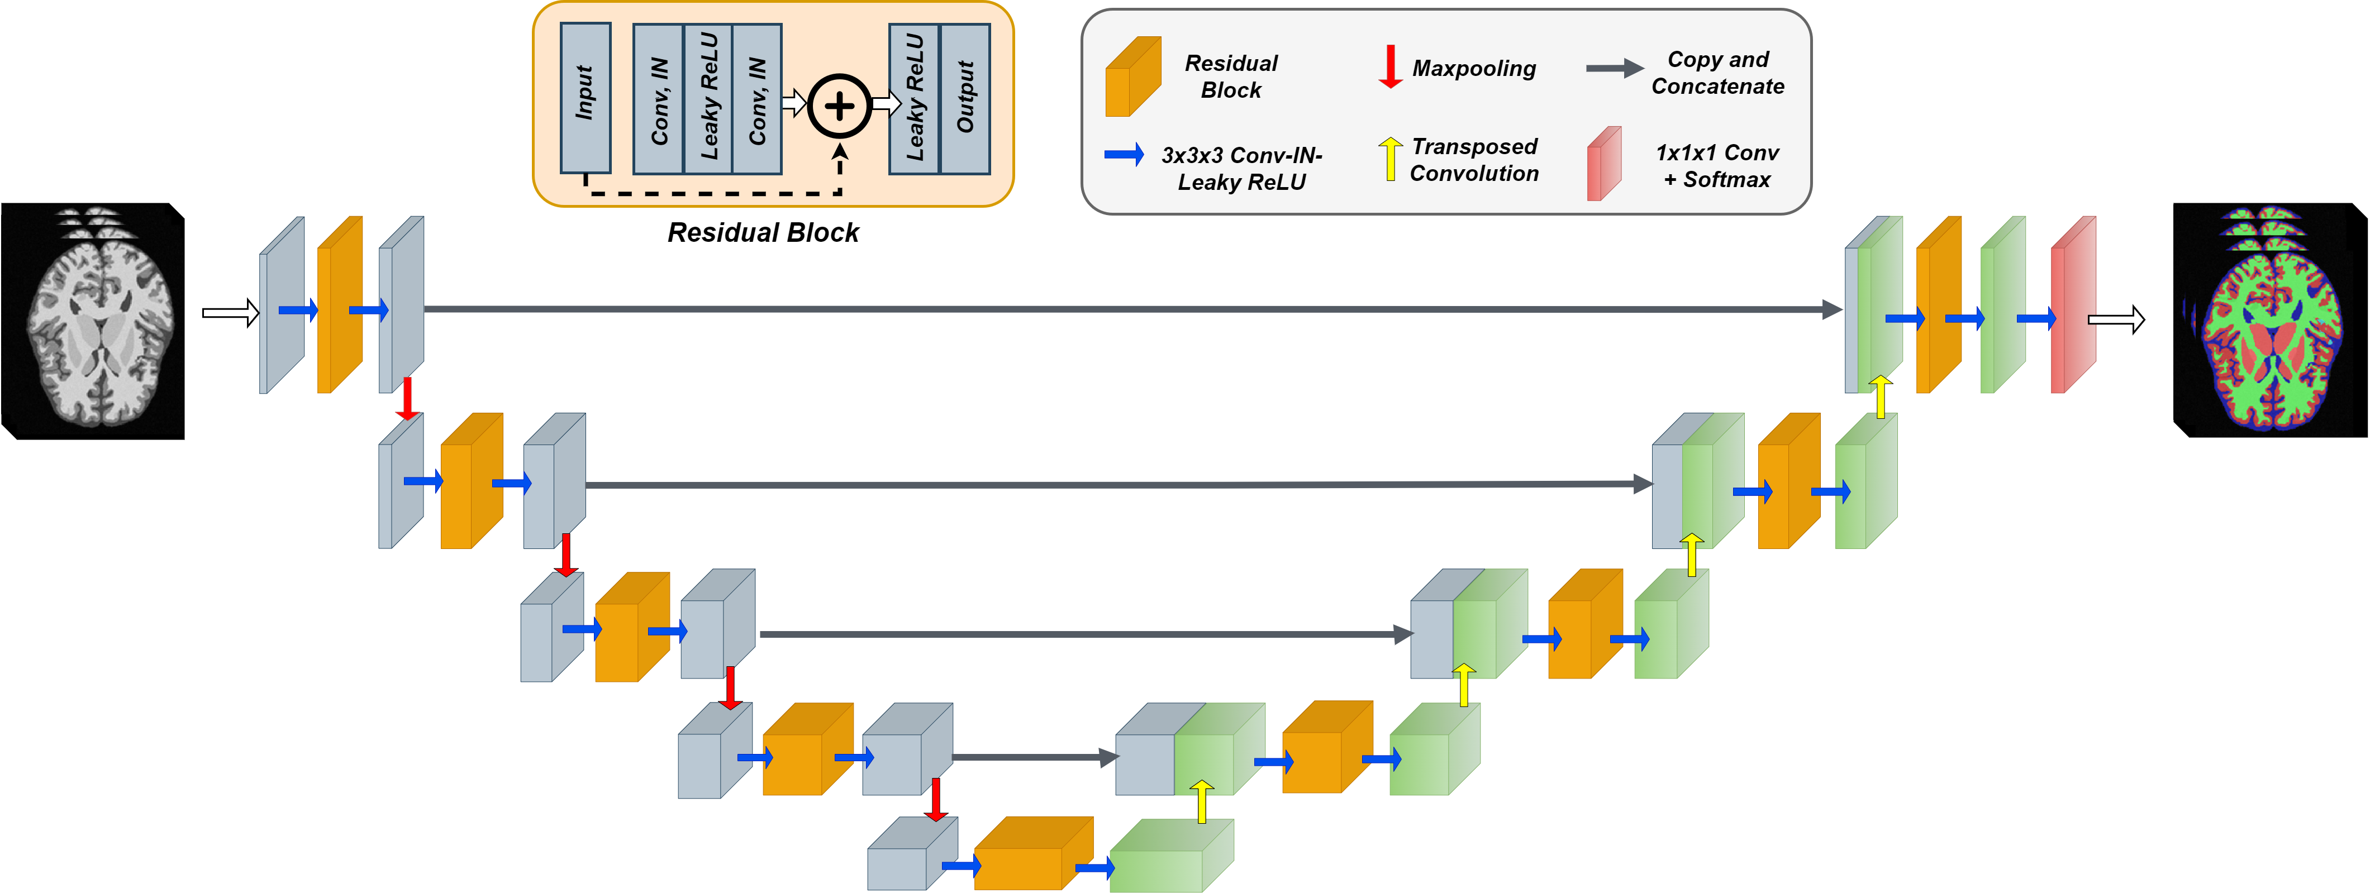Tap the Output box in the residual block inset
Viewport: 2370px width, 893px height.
pos(965,98)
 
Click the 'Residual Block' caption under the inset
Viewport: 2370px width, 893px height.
pos(763,233)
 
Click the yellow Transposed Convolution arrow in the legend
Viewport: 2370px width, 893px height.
pos(1390,158)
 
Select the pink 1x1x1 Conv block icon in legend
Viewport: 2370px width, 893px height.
pos(1603,164)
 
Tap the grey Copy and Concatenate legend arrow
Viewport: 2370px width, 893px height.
pos(1614,68)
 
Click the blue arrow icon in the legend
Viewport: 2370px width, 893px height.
pos(1124,155)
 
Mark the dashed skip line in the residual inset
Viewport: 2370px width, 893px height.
pos(713,193)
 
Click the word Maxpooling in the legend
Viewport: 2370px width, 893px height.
pos(1474,69)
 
